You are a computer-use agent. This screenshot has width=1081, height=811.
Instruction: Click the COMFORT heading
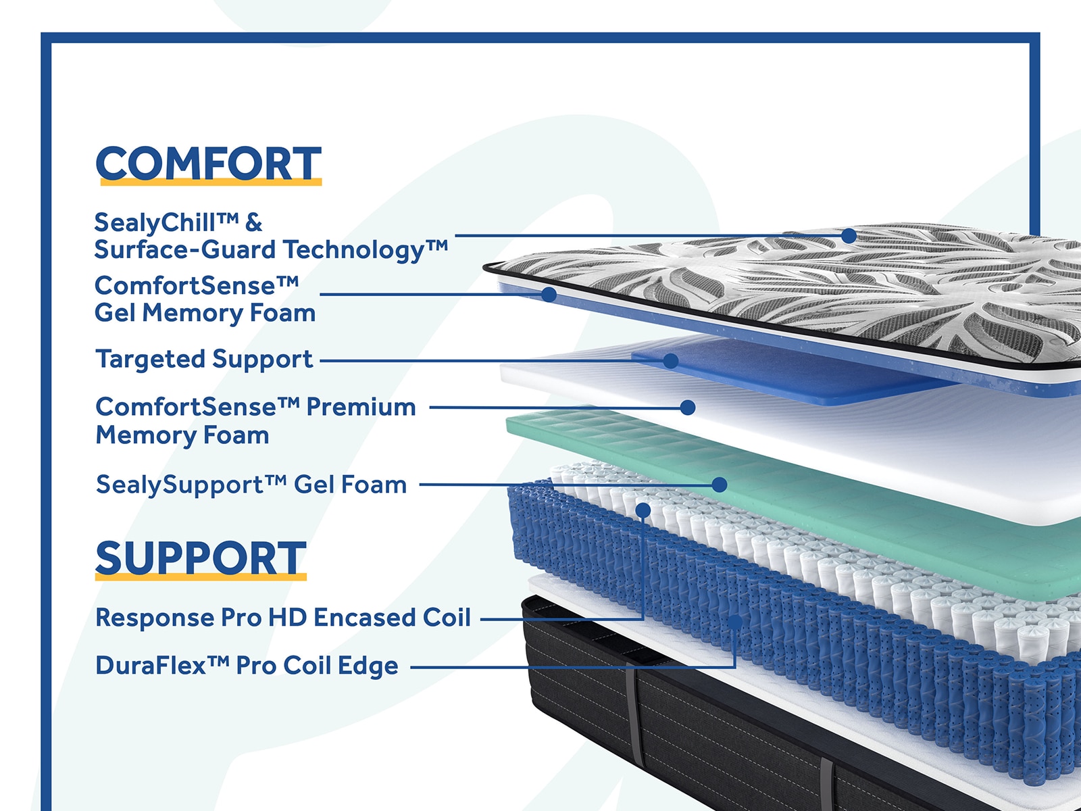[x=208, y=164]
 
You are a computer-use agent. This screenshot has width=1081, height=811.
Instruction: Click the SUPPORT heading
[x=201, y=558]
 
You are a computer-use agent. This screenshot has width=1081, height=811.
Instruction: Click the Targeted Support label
[x=204, y=360]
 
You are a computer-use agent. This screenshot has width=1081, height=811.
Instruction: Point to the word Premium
[x=361, y=408]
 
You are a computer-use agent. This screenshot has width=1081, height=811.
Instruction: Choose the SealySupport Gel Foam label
[x=251, y=485]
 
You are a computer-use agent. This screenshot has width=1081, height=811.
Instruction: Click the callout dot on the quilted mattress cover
[x=849, y=236]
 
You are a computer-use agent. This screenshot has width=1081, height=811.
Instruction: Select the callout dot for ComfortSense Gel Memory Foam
[x=549, y=295]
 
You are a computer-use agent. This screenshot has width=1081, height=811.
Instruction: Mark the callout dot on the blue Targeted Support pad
[x=670, y=361]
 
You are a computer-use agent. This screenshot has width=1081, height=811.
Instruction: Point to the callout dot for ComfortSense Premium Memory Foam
[x=688, y=408]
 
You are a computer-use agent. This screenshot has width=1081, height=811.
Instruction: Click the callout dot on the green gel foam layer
[x=720, y=485]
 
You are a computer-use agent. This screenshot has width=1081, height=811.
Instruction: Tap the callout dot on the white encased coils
[x=643, y=510]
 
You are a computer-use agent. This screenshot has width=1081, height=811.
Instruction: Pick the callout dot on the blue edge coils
[x=735, y=622]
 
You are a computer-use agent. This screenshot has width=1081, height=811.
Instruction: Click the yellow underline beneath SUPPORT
[x=201, y=576]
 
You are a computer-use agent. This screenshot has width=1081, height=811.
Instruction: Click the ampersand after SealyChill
[x=253, y=222]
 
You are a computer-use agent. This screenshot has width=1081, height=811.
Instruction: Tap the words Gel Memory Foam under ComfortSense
[x=205, y=313]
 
